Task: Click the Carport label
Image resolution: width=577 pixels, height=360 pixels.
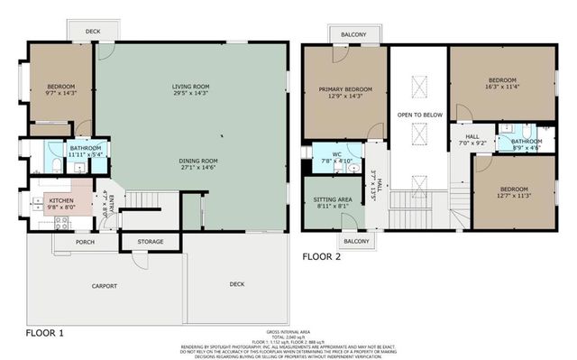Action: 105,286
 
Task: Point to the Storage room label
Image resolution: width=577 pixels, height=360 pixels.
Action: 151,242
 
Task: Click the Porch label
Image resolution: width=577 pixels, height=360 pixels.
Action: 86,241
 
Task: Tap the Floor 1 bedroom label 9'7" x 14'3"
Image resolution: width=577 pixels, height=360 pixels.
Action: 62,88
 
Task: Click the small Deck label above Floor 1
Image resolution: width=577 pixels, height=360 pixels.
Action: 92,32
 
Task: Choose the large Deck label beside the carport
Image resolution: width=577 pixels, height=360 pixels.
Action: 236,284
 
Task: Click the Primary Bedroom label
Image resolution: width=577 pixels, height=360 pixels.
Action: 345,88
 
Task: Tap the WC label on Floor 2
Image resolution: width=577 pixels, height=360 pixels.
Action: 335,154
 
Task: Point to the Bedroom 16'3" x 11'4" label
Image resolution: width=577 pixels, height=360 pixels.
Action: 503,79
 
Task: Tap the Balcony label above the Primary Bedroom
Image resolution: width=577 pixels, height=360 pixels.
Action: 353,34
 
